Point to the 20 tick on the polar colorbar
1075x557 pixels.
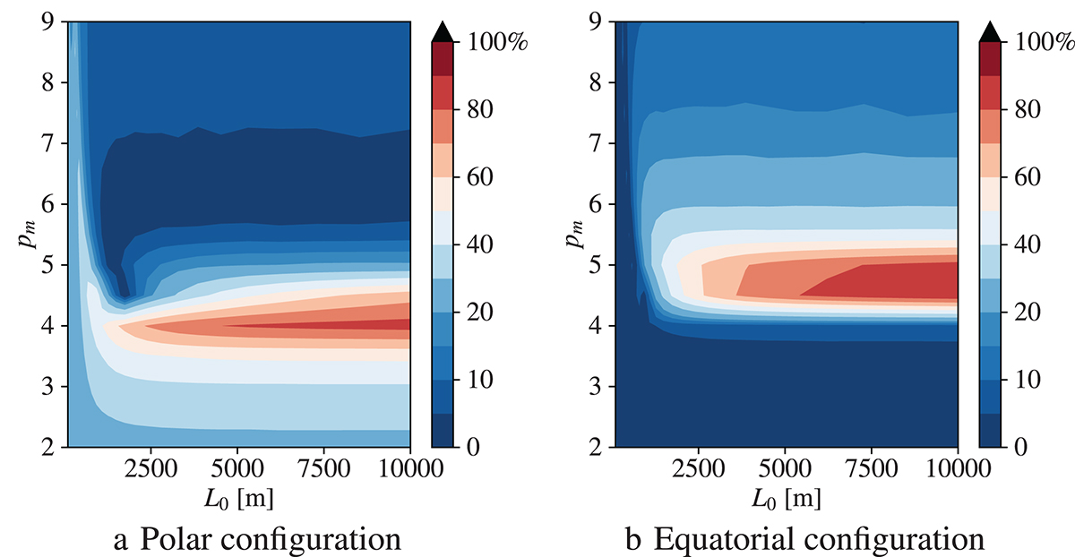click(x=479, y=313)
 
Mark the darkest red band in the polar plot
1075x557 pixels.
click(x=358, y=324)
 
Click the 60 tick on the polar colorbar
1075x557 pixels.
click(x=479, y=177)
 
